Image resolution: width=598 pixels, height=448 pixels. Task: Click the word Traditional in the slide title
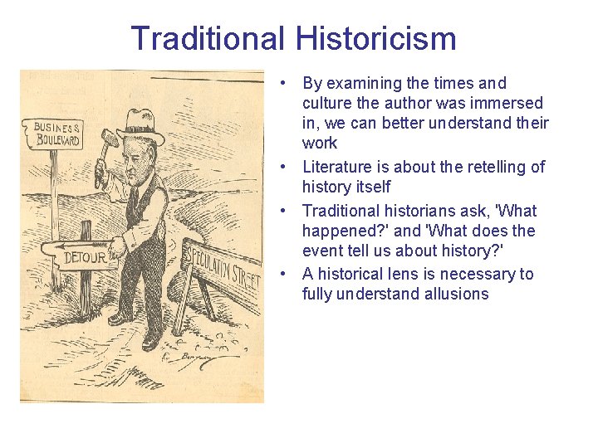click(x=207, y=38)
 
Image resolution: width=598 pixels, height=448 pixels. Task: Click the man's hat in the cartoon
click(x=141, y=125)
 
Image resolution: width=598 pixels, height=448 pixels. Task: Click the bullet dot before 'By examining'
click(x=284, y=83)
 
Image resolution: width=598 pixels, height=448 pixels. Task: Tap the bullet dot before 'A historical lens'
click(x=284, y=274)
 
